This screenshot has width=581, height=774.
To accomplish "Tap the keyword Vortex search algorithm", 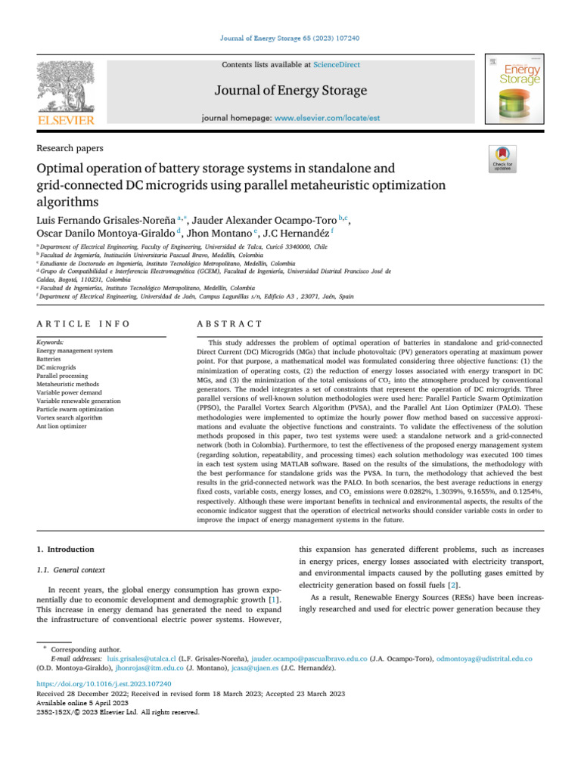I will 70,416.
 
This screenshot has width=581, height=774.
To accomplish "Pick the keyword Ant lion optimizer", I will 62,426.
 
